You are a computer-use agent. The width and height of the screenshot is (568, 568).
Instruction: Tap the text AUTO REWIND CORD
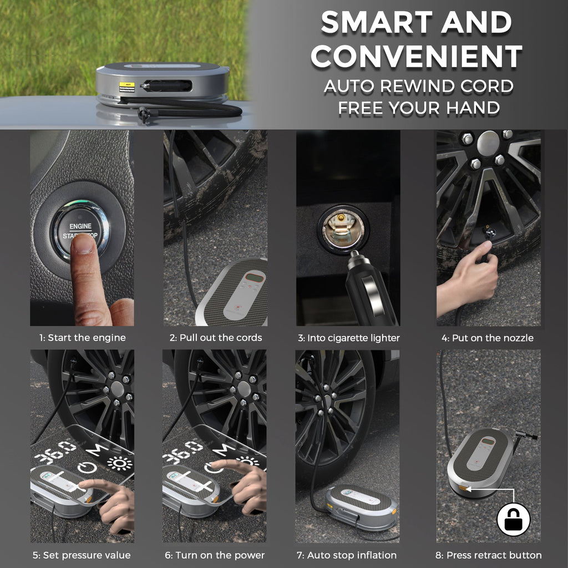click(419, 87)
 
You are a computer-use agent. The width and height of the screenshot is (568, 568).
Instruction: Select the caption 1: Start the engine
click(82, 338)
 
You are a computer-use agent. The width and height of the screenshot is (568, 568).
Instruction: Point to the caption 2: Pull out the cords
click(215, 338)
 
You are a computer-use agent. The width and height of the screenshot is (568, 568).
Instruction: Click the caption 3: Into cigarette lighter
click(348, 338)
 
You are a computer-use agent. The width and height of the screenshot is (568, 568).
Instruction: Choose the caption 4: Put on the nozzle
click(487, 338)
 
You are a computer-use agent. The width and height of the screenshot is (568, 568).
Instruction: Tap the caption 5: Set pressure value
click(82, 555)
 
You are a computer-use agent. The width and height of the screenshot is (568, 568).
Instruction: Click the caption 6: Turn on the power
click(215, 555)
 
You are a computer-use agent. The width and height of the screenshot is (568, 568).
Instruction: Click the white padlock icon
click(513, 520)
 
